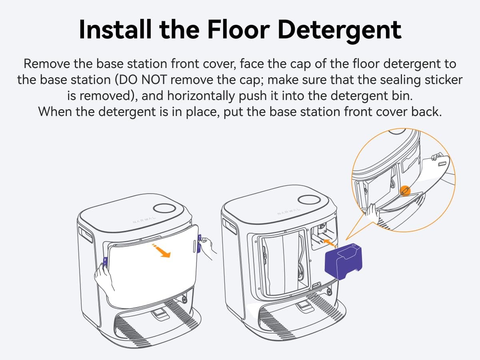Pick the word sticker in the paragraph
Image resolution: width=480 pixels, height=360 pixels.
pyautogui.click(x=439, y=80)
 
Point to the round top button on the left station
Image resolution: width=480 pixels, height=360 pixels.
pyautogui.click(x=165, y=208)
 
